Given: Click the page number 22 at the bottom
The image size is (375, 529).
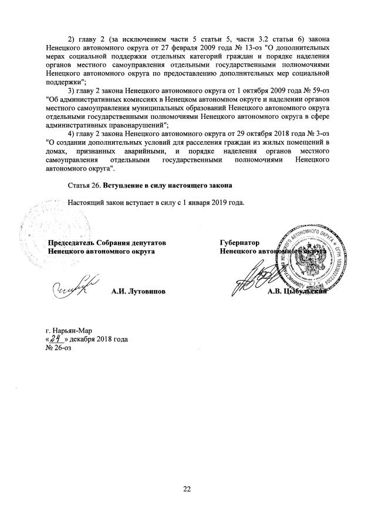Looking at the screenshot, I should pos(187,489).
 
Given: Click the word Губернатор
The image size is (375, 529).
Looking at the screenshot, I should pos(239,243).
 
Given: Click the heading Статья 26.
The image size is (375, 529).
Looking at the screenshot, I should pos(85,186).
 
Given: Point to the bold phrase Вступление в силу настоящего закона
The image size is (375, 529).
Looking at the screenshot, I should pos(168,186).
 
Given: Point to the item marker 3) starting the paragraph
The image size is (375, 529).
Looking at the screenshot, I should pos(72,92).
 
